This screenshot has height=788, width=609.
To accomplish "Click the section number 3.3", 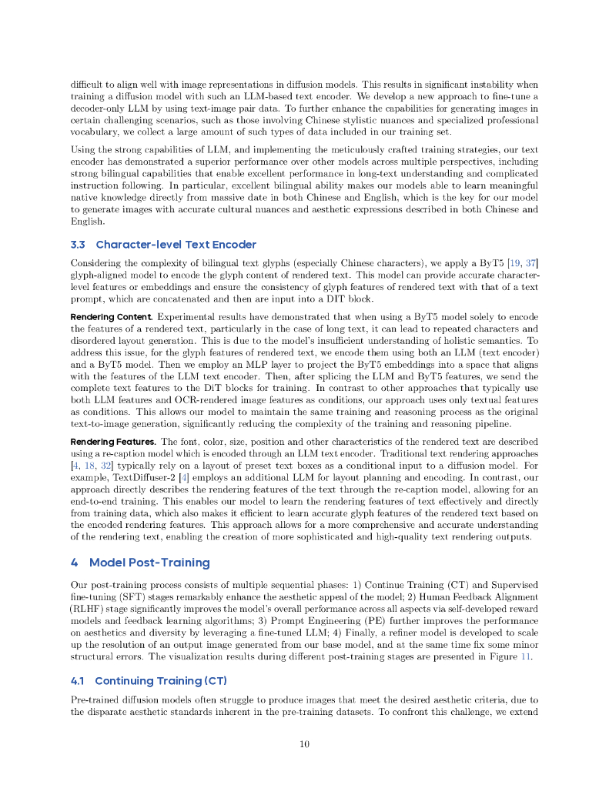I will [x=78, y=245].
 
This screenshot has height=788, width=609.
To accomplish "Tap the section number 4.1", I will [x=77, y=681].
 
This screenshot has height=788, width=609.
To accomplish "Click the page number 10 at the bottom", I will [x=304, y=743].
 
